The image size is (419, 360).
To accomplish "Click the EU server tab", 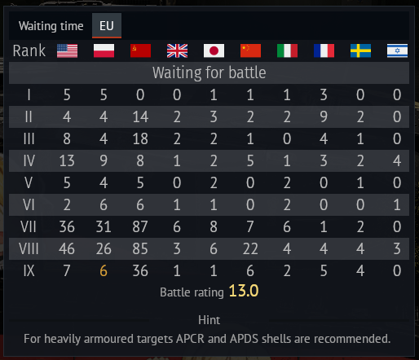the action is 107,26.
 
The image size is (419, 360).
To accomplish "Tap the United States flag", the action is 67,50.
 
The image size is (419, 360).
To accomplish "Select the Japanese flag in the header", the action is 214,50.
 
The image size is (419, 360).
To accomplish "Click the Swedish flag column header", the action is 360,50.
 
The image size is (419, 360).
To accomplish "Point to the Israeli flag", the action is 397,50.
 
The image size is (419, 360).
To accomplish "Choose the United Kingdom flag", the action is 177,50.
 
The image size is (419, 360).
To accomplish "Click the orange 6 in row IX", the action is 104,270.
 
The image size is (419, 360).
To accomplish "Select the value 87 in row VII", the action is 140,226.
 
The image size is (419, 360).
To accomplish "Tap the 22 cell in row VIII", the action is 250,248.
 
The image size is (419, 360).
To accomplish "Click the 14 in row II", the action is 140,116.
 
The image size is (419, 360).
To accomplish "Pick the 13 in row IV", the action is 67,160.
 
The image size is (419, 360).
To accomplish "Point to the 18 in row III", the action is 140,138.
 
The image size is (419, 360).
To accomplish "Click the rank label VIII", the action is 29,248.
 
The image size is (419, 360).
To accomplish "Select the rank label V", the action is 29,182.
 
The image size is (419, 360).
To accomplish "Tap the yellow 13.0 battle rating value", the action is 244,291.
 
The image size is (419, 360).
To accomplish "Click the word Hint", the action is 209,320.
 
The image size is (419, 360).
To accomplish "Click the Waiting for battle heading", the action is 209,72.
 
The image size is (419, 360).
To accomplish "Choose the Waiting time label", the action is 51,26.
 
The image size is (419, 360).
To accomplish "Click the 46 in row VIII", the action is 67,248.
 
